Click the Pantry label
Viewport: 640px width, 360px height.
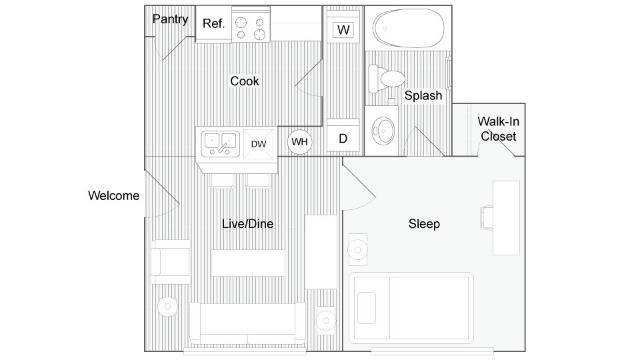click(169, 19)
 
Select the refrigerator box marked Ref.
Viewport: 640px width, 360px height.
click(213, 24)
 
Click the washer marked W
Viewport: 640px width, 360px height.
click(343, 30)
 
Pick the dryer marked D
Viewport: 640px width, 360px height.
click(343, 138)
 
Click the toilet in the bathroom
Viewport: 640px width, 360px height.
click(386, 79)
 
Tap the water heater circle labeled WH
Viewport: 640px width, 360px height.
click(299, 142)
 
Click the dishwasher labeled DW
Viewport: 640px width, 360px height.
click(259, 144)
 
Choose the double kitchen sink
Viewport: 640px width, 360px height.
click(218, 144)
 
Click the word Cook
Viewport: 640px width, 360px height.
click(245, 82)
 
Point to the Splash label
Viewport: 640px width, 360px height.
click(423, 96)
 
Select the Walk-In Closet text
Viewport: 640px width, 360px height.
click(497, 127)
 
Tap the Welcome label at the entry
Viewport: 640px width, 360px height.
click(113, 196)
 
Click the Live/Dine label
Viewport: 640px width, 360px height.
click(247, 224)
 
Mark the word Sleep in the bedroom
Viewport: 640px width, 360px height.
click(424, 224)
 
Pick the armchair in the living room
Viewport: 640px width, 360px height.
click(169, 264)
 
